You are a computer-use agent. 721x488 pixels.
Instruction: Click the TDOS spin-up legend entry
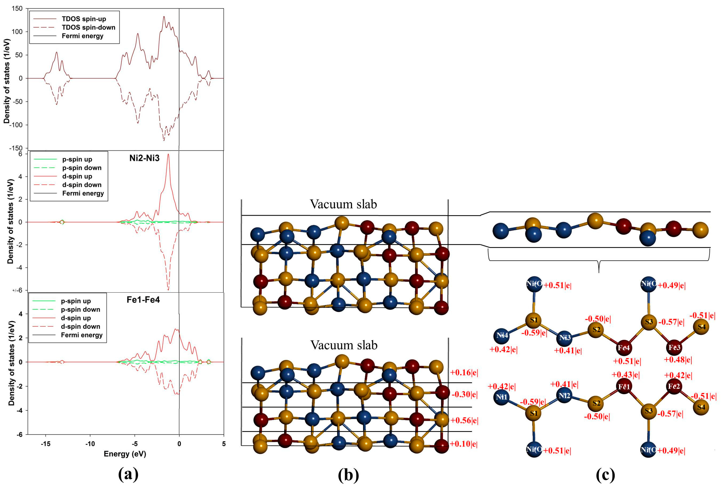pos(84,19)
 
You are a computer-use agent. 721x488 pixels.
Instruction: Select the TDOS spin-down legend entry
pos(88,27)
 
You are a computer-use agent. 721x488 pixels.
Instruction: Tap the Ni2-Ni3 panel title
pos(144,158)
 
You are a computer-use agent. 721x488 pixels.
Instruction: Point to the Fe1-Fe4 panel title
pos(143,300)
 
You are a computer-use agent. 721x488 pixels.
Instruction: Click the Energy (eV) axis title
pos(125,454)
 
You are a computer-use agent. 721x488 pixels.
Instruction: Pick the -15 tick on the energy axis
pos(45,444)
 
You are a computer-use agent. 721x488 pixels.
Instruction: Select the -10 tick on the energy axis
pos(90,444)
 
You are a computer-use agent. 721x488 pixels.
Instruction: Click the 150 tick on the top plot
pos(17,9)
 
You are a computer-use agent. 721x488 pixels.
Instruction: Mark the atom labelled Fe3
pos(674,348)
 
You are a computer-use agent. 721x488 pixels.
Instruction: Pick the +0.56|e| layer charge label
pos(464,421)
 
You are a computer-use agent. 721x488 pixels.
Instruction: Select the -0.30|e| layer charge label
pos(464,395)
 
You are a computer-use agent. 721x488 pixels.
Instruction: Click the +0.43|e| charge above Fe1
pos(626,375)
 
